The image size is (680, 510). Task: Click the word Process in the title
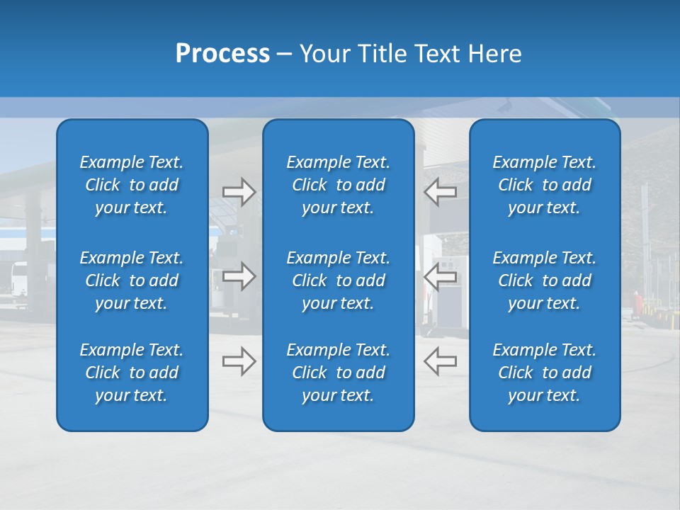tap(222, 54)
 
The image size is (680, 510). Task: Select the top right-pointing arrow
tap(239, 192)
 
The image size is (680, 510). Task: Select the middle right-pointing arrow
tap(239, 276)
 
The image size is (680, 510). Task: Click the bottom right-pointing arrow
tap(239, 361)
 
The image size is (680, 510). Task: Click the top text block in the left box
tap(132, 185)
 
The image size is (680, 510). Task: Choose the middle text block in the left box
tap(132, 280)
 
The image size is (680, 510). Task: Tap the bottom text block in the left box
tap(132, 373)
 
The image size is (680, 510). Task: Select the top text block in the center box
tap(338, 185)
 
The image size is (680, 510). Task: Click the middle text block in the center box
tap(338, 280)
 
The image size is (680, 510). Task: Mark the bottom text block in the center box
tap(338, 373)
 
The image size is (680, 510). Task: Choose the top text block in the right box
tap(544, 185)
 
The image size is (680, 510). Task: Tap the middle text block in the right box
tap(544, 280)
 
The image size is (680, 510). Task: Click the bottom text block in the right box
tap(544, 373)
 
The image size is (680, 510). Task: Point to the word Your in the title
tap(325, 54)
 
